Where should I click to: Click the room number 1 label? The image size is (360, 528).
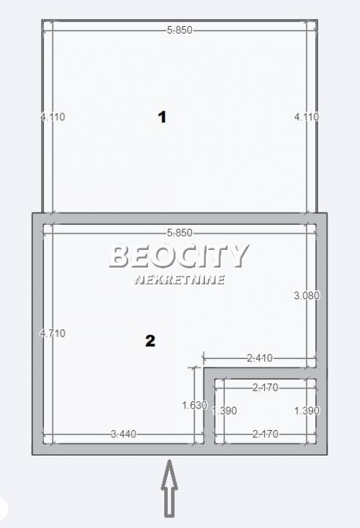(162, 117)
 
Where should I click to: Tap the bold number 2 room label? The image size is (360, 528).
(149, 341)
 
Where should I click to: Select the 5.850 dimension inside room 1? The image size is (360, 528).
(180, 30)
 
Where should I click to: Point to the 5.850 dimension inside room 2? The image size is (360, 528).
(180, 233)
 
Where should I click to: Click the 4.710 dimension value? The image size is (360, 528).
(53, 333)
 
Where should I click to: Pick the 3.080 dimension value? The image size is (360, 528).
(306, 296)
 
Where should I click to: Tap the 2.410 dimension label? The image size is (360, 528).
(259, 359)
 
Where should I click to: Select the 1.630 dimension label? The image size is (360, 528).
(194, 405)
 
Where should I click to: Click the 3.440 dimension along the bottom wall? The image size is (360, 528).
(123, 434)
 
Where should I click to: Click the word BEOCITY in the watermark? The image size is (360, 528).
(179, 256)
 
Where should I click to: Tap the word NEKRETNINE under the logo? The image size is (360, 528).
(179, 279)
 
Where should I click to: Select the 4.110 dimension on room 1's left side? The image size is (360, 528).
(53, 117)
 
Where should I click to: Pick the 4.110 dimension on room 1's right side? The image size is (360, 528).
(306, 117)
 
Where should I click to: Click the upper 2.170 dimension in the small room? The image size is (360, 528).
(265, 386)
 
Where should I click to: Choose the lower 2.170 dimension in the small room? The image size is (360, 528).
(265, 434)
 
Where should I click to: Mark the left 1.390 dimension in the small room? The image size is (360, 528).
(224, 410)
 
